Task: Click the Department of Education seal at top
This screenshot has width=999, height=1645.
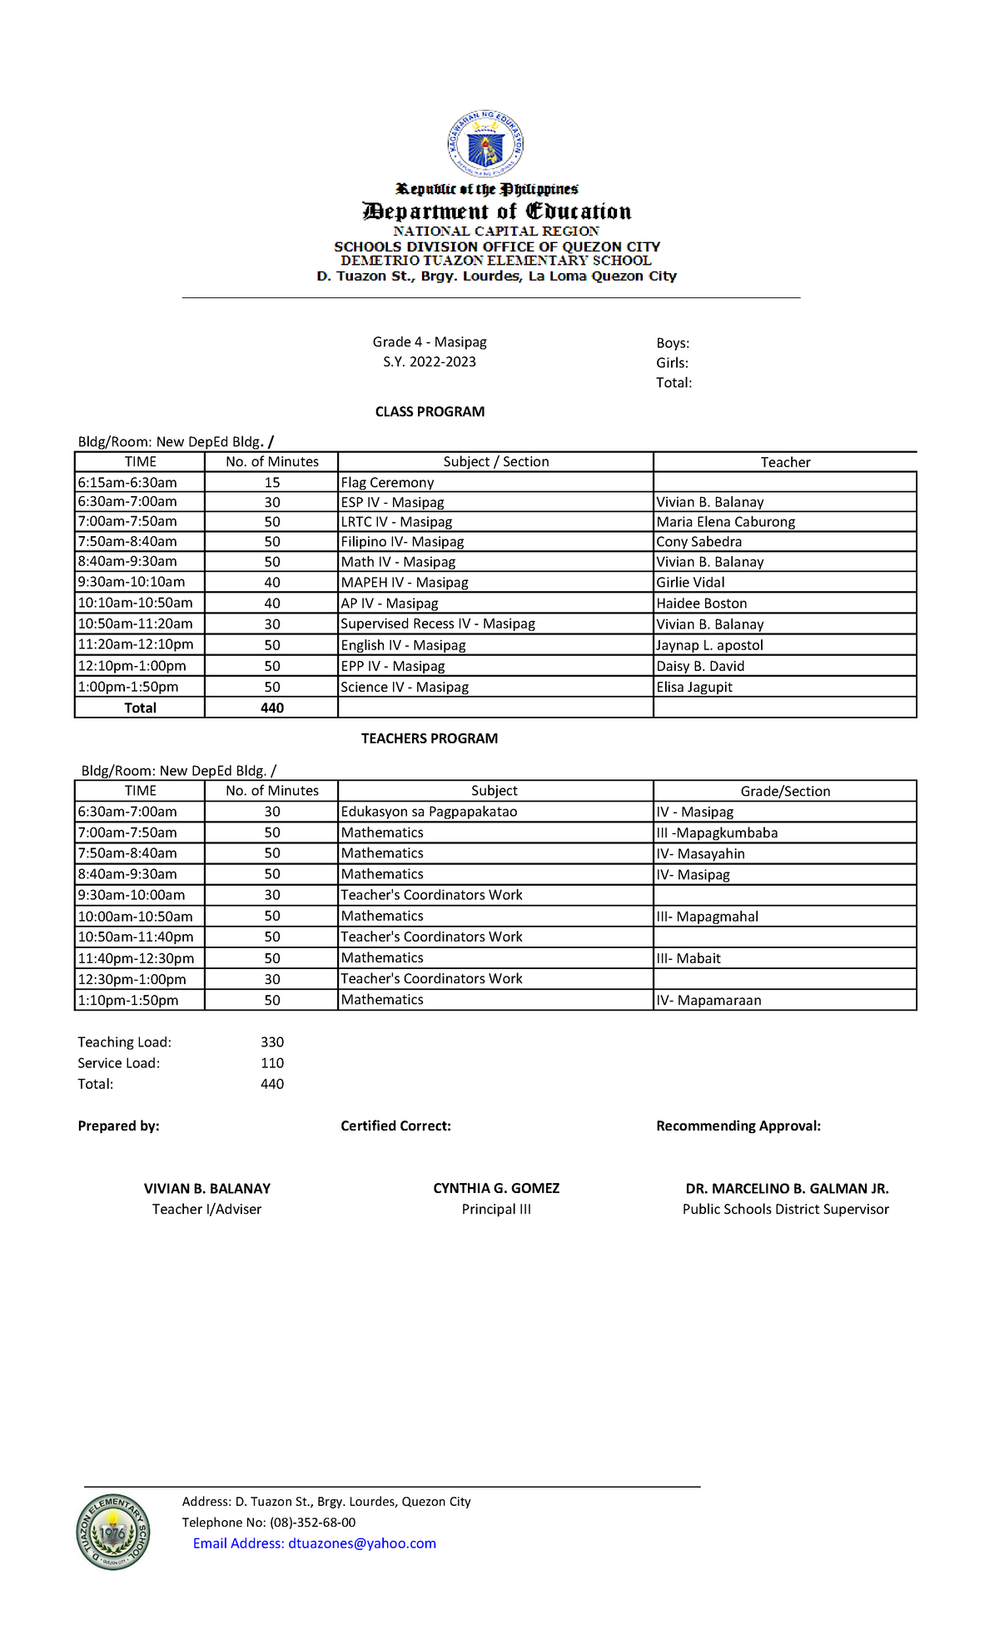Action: [x=485, y=144]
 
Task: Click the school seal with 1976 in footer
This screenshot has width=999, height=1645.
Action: [x=113, y=1533]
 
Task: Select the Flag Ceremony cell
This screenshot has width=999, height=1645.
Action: [x=387, y=483]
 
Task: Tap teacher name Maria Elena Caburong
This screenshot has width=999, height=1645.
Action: [x=725, y=522]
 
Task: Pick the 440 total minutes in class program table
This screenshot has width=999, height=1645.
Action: [x=272, y=708]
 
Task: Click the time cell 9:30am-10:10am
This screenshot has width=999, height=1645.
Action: [x=132, y=583]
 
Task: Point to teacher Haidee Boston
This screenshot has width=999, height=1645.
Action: [x=701, y=604]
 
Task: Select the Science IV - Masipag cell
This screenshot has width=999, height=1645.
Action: [x=405, y=688]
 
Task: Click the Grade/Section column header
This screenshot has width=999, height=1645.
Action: [x=785, y=792]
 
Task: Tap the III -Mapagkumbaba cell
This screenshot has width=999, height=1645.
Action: [x=717, y=833]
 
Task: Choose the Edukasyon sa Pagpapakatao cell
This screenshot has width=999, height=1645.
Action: [x=429, y=813]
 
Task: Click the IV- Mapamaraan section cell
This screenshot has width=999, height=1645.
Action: [x=708, y=1001]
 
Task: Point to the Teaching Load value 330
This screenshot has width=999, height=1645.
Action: [x=272, y=1042]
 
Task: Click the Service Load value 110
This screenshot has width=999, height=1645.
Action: [x=272, y=1063]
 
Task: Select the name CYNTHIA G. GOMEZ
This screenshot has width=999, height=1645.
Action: [x=496, y=1189]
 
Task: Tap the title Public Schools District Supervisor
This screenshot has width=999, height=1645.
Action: [x=785, y=1210]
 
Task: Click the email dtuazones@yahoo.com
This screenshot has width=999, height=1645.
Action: [x=362, y=1543]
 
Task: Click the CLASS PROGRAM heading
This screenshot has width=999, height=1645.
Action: [x=430, y=412]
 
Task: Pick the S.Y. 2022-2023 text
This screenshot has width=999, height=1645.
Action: [x=430, y=362]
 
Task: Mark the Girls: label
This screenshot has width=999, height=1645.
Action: [x=672, y=363]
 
